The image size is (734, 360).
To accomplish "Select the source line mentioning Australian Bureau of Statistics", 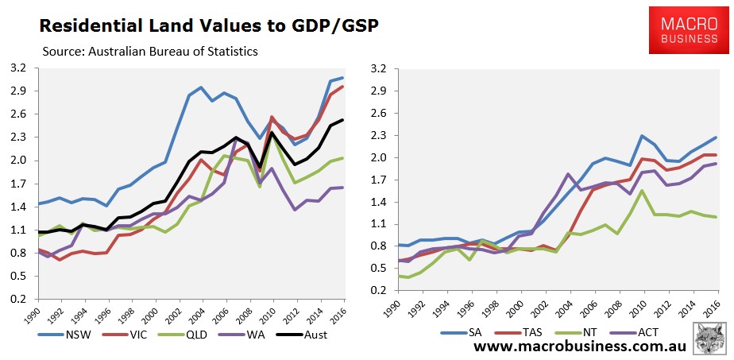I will coord(151,52).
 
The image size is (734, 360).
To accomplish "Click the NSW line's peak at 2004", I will coord(201,87).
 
